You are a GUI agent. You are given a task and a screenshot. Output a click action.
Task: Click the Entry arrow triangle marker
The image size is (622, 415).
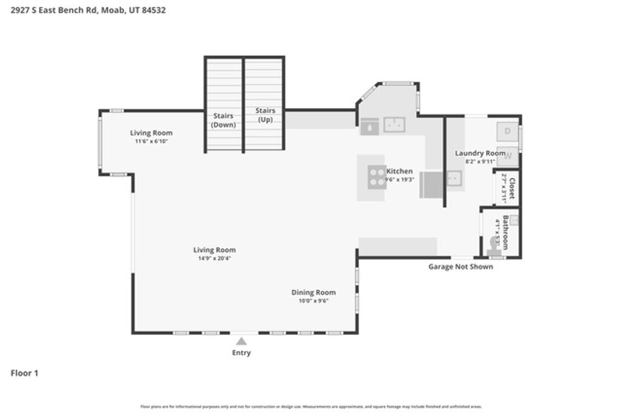[241, 341]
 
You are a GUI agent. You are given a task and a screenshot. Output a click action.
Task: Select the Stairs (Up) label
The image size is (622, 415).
[265, 115]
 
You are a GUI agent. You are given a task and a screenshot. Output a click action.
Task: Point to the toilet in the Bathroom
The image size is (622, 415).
[493, 245]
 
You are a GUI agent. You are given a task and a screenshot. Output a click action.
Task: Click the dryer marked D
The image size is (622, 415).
[508, 131]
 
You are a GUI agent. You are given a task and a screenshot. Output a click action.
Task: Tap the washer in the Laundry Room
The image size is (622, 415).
[508, 156]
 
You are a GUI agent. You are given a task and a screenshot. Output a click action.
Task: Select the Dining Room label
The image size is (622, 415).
[313, 292]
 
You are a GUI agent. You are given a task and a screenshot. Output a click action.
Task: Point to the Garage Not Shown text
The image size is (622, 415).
[460, 267]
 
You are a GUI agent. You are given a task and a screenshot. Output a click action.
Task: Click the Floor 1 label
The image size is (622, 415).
[24, 373]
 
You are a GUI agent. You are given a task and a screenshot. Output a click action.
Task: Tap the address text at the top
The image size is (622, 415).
[89, 10]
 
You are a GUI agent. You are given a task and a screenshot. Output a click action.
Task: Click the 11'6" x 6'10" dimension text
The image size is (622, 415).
[151, 141]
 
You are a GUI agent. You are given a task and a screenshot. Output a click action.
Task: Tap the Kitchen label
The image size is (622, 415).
[400, 171]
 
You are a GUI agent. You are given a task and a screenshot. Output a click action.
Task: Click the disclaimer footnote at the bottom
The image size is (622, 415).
[311, 406]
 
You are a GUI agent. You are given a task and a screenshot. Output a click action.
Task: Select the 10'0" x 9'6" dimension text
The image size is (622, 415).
[313, 301]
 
